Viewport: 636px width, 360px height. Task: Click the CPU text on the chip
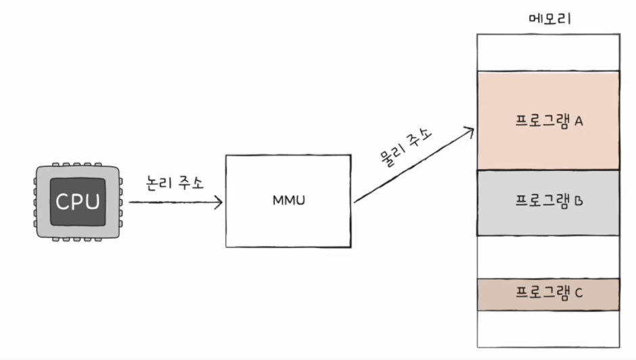pos(78,202)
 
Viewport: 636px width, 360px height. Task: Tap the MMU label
pos(288,201)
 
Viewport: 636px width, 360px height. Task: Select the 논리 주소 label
pos(175,183)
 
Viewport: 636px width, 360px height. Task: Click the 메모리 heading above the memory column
pos(549,18)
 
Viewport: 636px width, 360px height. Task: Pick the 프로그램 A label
pos(549,122)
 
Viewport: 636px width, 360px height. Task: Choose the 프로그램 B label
pos(549,201)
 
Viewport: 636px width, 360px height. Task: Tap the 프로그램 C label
pos(549,293)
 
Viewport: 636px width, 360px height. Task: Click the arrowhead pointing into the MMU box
pos(219,202)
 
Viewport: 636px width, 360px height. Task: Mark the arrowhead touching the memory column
pos(470,131)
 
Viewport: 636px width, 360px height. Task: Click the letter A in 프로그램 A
pos(579,122)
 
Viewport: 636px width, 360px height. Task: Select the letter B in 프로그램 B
pos(579,201)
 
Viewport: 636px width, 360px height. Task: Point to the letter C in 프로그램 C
pos(579,293)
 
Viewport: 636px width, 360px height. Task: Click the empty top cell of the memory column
pos(548,51)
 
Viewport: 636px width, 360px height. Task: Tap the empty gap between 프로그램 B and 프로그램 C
pos(548,256)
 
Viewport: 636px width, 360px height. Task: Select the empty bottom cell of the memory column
pos(548,329)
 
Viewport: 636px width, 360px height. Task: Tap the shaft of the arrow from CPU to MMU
pos(173,202)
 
